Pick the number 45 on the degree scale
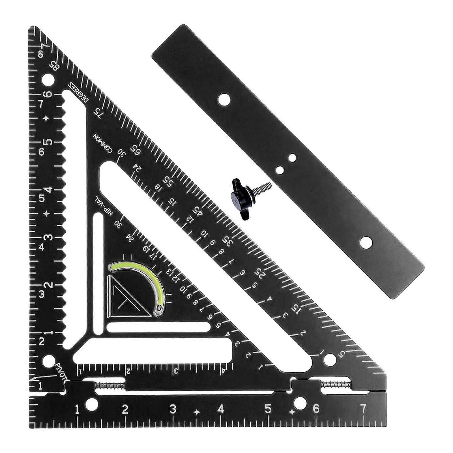coord(198,212)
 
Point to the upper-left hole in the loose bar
coord(224,100)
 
